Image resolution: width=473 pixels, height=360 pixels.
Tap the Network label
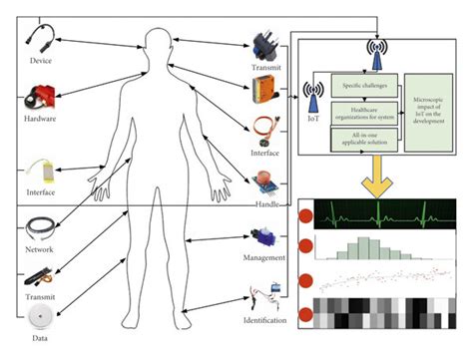[x=39, y=249]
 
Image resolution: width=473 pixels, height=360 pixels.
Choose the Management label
[x=264, y=258]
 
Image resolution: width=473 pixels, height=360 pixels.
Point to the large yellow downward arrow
[x=383, y=176]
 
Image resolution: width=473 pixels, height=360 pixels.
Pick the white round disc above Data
[x=41, y=318]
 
